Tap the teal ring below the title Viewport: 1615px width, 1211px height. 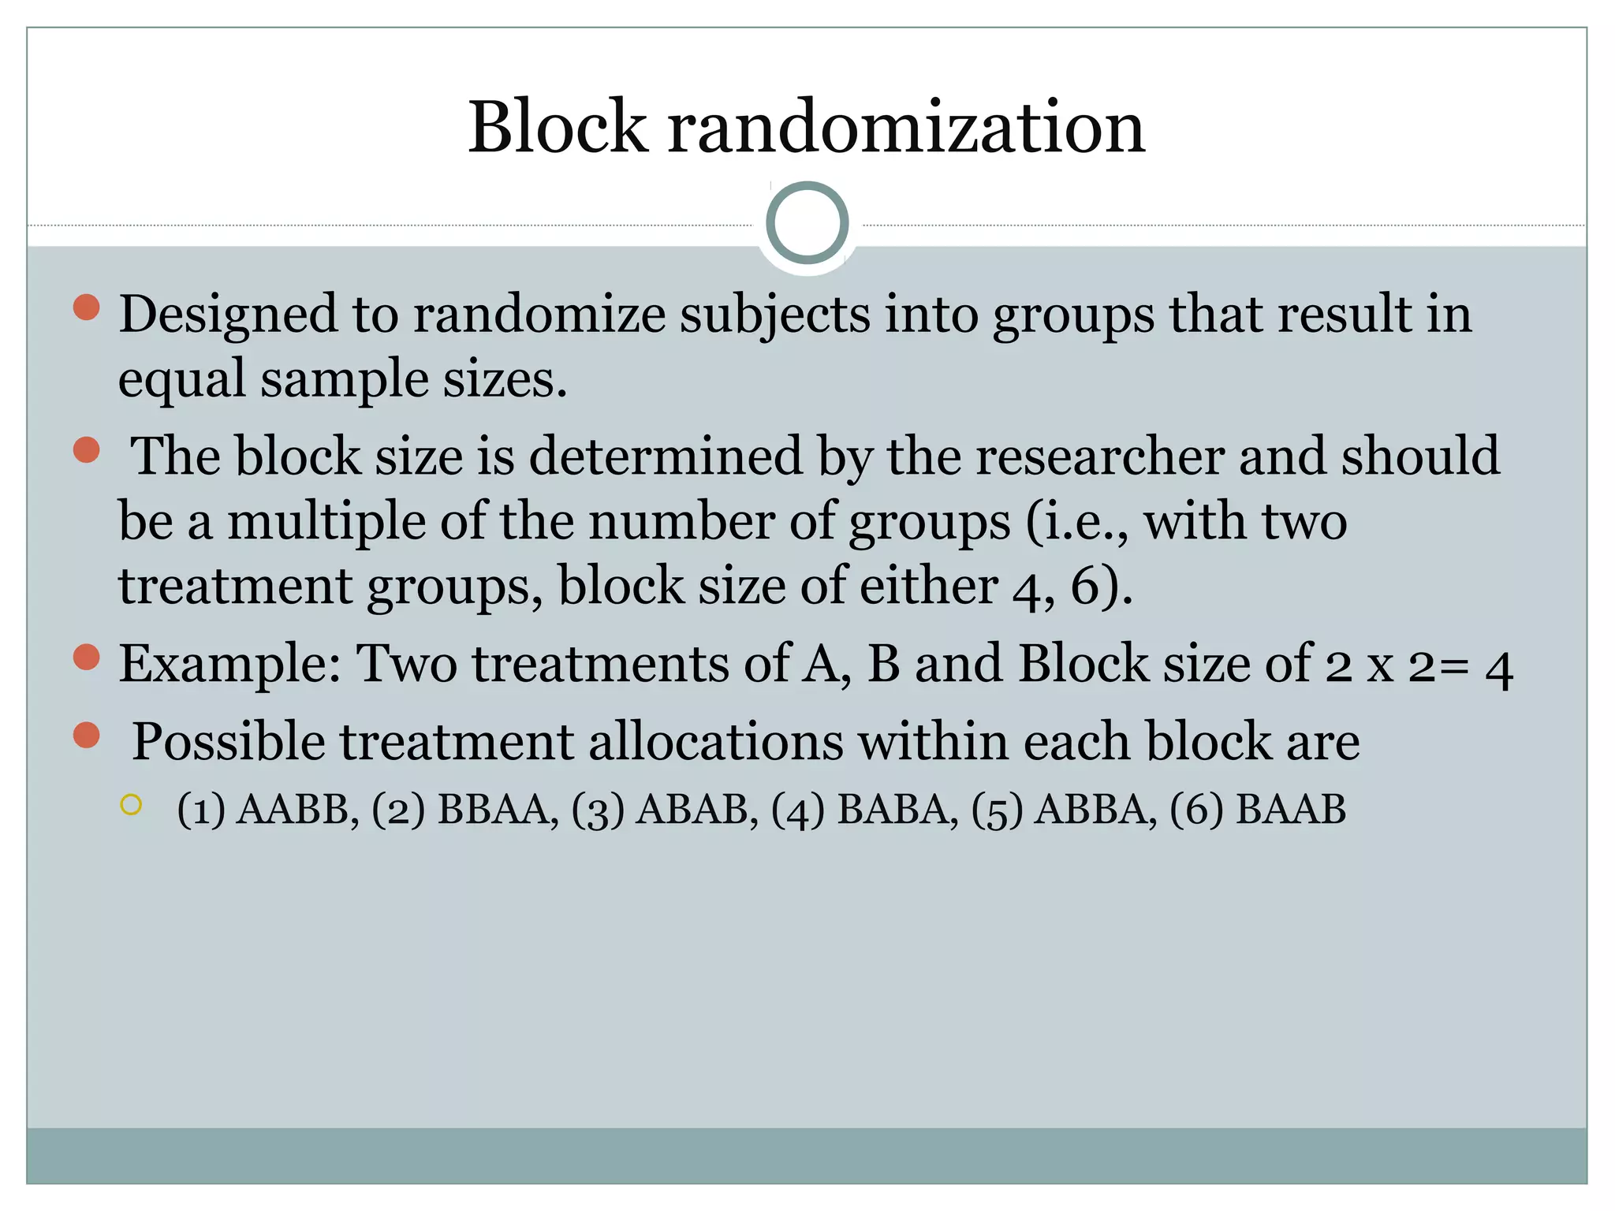click(807, 222)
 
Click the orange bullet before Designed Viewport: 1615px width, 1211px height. click(87, 307)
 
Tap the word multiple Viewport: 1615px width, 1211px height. click(326, 522)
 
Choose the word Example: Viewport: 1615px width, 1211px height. click(229, 664)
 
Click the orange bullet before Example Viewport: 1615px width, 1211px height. click(87, 657)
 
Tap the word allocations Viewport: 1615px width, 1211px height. click(716, 743)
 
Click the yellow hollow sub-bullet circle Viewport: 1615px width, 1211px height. click(131, 805)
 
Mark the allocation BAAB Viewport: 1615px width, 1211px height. click(1291, 810)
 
